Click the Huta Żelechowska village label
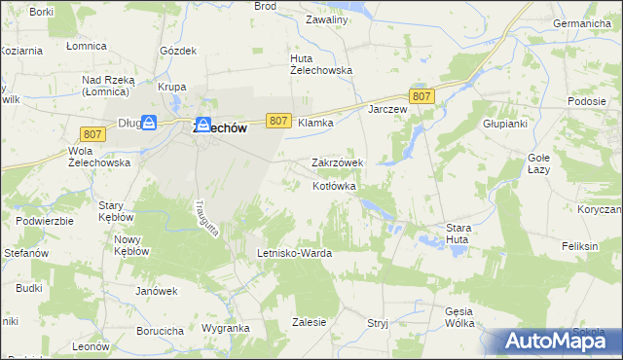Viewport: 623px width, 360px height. point(320,63)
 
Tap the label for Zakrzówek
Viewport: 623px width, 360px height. point(337,162)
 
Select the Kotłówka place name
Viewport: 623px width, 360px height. point(335,185)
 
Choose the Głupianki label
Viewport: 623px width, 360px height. point(504,125)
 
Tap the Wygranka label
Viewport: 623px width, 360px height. point(226,329)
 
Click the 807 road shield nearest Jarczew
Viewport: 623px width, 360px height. point(421,95)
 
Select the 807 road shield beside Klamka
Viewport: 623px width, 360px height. point(278,120)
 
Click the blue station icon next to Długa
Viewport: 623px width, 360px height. point(149,123)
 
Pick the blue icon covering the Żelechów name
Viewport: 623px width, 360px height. point(202,126)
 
